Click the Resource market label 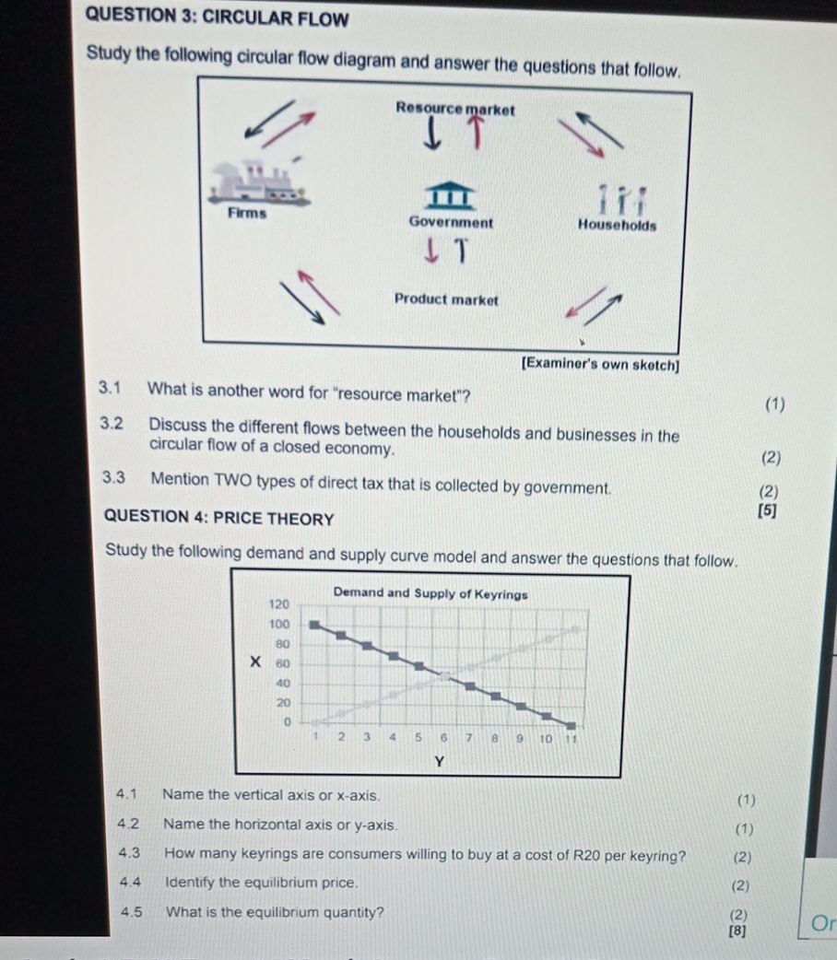454,108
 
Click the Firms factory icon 254,181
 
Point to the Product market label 446,299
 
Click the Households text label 617,224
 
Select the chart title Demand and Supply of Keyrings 430,594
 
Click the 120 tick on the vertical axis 278,603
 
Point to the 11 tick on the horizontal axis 569,737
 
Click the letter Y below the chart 439,761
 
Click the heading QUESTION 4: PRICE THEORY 219,519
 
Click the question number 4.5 131,913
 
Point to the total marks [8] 737,931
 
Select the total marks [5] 764,511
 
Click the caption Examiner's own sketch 600,363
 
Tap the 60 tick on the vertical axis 284,663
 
